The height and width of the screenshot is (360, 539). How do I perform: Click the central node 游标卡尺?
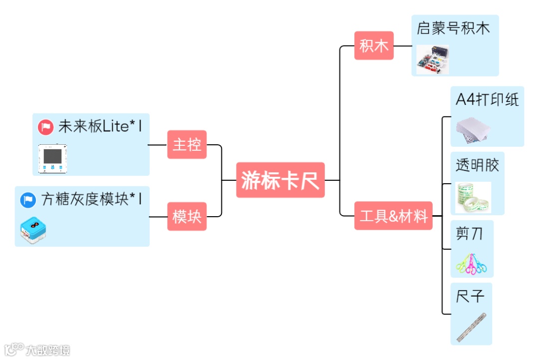pos(280,180)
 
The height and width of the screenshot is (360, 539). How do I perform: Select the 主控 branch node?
pos(187,144)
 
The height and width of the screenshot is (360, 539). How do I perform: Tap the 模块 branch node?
pos(187,217)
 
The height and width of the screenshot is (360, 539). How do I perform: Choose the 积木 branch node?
pos(374,45)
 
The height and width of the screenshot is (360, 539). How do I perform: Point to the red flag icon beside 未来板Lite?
pos(46,127)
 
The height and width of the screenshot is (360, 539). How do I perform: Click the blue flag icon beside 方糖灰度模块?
pos(28,200)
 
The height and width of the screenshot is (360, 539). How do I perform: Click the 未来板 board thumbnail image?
pos(53,158)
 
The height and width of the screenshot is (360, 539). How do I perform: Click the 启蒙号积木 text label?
pos(453,28)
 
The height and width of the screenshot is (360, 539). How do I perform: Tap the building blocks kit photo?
pos(432,60)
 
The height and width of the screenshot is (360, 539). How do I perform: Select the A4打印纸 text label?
pos(487,99)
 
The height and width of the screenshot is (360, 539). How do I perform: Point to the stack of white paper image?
pos(473,129)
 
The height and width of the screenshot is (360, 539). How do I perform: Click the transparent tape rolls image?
pos(473,197)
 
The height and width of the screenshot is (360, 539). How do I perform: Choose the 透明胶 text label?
pos(477,165)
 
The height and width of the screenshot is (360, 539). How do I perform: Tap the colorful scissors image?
pos(471,264)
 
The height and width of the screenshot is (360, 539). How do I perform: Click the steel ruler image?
pos(471,327)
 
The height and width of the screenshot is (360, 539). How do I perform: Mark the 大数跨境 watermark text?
pos(48,350)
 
